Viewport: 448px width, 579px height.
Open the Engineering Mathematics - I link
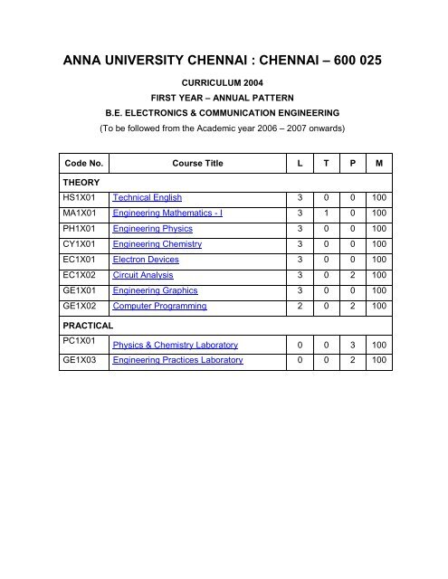click(x=167, y=213)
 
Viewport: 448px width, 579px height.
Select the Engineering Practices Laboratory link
click(x=176, y=360)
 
